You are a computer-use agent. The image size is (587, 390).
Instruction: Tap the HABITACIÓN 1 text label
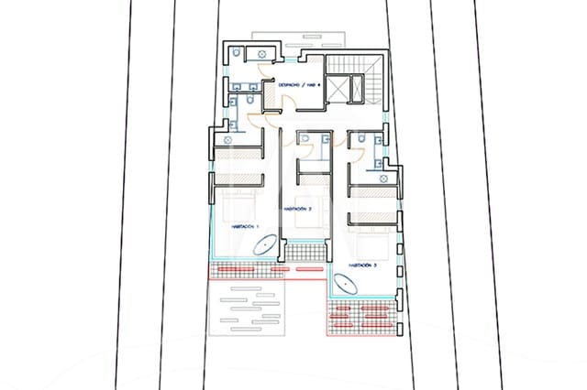[x=245, y=225]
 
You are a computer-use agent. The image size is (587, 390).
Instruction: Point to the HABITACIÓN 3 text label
[x=360, y=265]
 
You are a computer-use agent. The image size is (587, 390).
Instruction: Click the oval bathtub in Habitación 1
[x=265, y=246]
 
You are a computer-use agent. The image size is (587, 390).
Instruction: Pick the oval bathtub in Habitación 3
[x=346, y=286]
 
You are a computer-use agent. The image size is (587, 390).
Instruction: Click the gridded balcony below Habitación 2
[x=303, y=249]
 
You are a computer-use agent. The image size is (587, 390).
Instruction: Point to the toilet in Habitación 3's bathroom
[x=363, y=139]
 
